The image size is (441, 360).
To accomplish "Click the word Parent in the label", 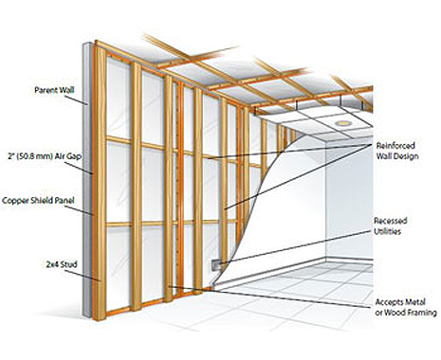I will (x=37, y=93).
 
